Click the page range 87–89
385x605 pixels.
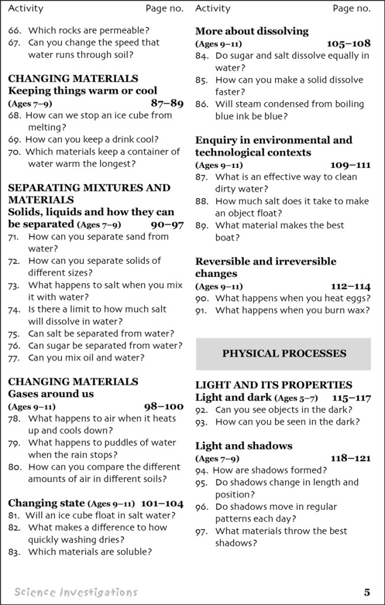[x=167, y=103]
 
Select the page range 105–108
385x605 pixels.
[x=348, y=43]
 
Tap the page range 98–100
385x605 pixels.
[x=164, y=406]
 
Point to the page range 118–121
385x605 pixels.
[x=350, y=458]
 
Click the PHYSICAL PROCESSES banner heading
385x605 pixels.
[x=284, y=354]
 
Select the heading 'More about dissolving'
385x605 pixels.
[x=252, y=31]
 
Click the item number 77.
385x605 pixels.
[x=14, y=358]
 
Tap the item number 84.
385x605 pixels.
[x=202, y=56]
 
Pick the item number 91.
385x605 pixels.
[x=202, y=310]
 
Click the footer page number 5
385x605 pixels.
[x=367, y=592]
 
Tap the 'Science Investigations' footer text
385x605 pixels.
[x=76, y=592]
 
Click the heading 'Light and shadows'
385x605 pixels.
[x=244, y=446]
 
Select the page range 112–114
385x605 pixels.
[x=351, y=286]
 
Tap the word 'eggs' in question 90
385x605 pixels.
[x=356, y=298]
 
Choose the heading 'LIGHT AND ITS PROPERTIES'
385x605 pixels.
[x=273, y=385]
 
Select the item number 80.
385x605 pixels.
[x=14, y=467]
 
